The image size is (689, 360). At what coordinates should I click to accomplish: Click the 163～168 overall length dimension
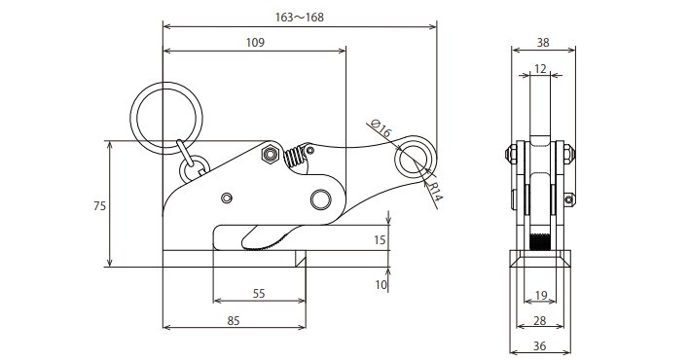[x=299, y=18]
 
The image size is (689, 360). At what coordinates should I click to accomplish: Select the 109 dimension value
[x=255, y=43]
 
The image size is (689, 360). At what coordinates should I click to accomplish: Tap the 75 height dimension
[x=99, y=205]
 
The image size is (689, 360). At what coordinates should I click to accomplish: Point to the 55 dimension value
[x=259, y=293]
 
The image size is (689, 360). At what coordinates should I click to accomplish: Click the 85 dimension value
[x=234, y=320]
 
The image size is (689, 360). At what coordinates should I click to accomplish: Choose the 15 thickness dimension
[x=380, y=240]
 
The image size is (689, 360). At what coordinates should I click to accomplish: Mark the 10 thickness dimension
[x=381, y=285]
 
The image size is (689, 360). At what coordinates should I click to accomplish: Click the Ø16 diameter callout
[x=381, y=127]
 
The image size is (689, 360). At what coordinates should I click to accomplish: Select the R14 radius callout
[x=434, y=192]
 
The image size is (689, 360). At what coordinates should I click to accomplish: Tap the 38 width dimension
[x=543, y=43]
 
